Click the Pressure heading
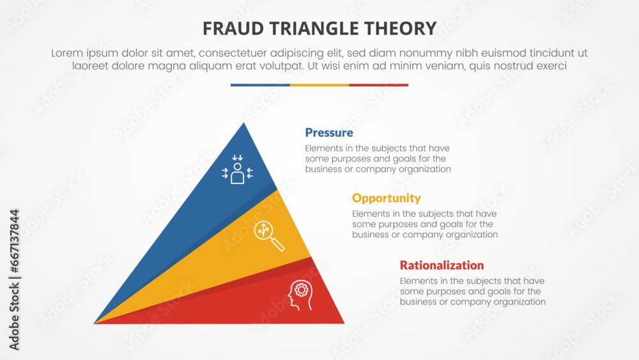(x=329, y=133)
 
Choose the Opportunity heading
(x=387, y=198)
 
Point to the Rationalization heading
(x=442, y=265)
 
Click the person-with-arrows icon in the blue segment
(x=238, y=170)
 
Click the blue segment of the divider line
(x=260, y=85)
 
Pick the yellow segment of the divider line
(x=319, y=85)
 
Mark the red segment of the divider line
(x=378, y=85)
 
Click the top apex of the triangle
(x=243, y=123)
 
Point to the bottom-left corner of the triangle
(x=95, y=323)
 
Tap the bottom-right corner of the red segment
(x=343, y=323)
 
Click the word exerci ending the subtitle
(x=550, y=66)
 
